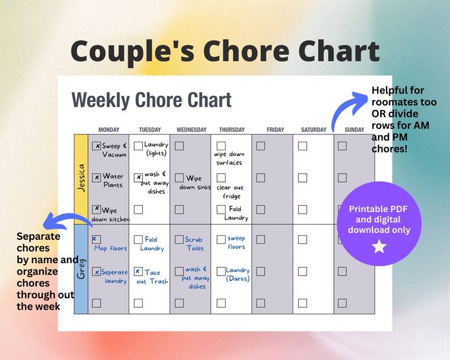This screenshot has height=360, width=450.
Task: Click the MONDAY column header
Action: (108, 130)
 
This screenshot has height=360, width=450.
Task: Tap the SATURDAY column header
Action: (313, 130)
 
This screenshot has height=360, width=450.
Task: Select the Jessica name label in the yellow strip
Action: (81, 179)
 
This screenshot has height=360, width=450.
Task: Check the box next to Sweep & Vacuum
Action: (97, 146)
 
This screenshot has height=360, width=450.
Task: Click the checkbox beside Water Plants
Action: (97, 177)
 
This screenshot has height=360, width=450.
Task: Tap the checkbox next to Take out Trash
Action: (138, 272)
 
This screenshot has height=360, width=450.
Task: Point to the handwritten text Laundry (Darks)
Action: (237, 274)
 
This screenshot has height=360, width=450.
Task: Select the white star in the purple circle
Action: (379, 247)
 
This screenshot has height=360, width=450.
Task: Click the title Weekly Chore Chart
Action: (151, 100)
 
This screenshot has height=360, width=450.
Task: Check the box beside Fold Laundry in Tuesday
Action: (138, 240)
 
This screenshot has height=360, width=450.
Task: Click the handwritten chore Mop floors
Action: (111, 248)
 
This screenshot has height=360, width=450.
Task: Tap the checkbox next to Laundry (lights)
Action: (138, 146)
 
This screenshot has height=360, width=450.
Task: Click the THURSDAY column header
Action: (231, 130)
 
